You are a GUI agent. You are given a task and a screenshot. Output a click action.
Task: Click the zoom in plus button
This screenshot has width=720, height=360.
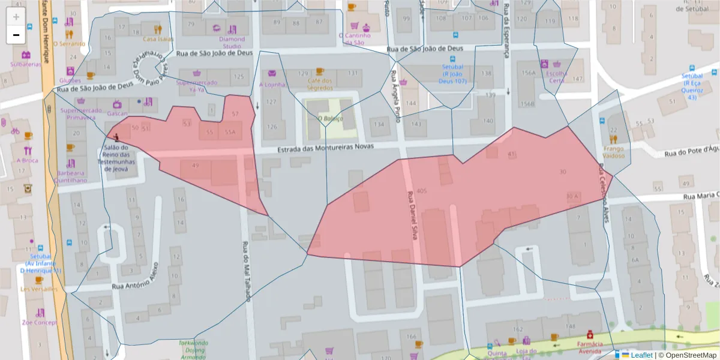(x=16, y=16)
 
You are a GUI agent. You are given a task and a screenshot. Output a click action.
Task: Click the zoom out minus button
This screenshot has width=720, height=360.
(x=16, y=35)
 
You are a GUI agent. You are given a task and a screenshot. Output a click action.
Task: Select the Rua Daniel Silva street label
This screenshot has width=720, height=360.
(x=412, y=215)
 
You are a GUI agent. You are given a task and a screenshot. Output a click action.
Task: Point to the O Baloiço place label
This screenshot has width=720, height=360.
(x=330, y=118)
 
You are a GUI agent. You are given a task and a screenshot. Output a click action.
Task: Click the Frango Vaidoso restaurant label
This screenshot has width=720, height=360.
(x=613, y=152)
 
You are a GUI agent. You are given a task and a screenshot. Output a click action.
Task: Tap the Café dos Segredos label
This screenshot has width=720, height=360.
(x=319, y=84)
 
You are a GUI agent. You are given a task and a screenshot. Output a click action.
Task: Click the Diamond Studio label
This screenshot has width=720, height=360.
(x=232, y=43)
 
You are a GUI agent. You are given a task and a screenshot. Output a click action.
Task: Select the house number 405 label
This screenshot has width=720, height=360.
(x=421, y=191)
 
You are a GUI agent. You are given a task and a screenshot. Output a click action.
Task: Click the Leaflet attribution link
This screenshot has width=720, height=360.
(x=641, y=355)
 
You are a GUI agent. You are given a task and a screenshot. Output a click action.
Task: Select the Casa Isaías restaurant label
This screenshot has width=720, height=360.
(x=158, y=39)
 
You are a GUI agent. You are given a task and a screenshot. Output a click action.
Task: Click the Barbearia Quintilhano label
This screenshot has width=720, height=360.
(x=71, y=176)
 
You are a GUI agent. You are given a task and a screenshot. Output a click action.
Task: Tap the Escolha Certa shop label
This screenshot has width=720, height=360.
(x=556, y=77)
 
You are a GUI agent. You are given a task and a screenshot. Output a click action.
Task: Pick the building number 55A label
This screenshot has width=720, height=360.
(x=230, y=132)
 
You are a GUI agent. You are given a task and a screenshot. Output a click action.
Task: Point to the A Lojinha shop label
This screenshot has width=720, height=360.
(x=272, y=85)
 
